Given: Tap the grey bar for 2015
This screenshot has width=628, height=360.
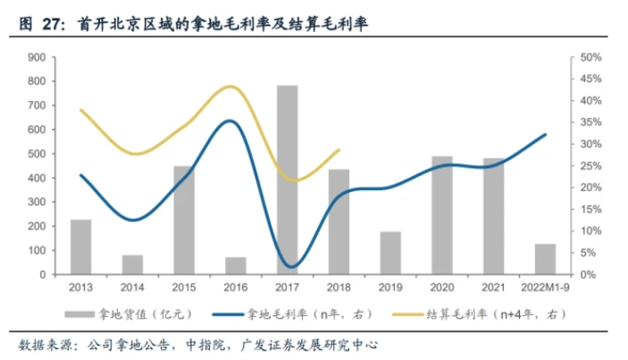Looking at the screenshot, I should tap(184, 220).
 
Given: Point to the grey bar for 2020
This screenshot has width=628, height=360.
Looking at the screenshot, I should tap(441, 215).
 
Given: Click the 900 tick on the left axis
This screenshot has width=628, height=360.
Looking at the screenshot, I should tap(37, 57).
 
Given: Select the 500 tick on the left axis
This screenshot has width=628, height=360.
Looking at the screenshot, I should tap(37, 154).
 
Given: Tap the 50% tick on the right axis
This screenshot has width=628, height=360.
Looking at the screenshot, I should tap(591, 57).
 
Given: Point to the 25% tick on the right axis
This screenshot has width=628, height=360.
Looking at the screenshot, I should tap(591, 166).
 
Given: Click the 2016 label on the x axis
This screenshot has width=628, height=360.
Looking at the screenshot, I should tap(236, 289).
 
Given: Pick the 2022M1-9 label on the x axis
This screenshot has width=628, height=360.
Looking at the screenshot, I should tap(545, 289).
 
